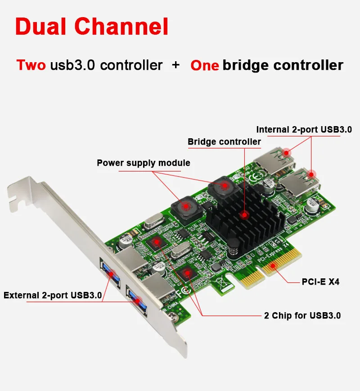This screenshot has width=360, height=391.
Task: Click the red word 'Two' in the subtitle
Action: tap(31, 65)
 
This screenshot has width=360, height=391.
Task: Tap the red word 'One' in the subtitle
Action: tap(205, 65)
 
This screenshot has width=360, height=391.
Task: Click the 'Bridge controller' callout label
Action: tap(224, 142)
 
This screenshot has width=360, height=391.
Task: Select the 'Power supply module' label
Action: tap(144, 163)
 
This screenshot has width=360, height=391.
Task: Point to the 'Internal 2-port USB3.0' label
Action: tap(304, 129)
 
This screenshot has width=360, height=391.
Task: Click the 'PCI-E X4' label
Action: tap(320, 282)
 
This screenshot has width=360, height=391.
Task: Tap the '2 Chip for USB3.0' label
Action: tap(302, 315)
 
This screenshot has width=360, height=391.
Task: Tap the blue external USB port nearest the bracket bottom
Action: tap(136, 298)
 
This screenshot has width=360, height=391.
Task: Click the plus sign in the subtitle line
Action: tap(176, 65)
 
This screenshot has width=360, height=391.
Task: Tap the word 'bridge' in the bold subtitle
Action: tap(246, 65)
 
